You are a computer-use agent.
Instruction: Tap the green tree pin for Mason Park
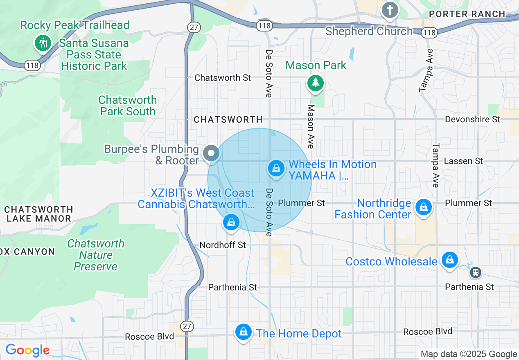coord(315,83)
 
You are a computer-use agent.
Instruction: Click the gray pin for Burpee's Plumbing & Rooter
coord(211,154)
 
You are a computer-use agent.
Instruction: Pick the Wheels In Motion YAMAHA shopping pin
coord(276,168)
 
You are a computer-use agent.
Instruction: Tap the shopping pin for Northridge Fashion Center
coord(424,207)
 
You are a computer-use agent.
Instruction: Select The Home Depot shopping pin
coord(244,332)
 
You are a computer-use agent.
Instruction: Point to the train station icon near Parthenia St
coord(475,272)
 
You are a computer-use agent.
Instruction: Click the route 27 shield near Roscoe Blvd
coord(187,326)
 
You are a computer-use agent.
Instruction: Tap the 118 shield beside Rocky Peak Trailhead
coord(32,65)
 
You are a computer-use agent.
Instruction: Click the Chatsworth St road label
coord(222,78)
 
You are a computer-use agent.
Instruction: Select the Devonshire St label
coord(472,119)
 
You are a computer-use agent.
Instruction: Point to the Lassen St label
coord(463,161)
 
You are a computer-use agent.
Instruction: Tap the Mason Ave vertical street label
coord(311,126)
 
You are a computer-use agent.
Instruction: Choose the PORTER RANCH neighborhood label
coord(467,14)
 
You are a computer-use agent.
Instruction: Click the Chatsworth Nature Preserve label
coord(96,255)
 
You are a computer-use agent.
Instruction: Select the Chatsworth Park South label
coord(128,106)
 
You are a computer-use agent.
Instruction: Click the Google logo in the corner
coord(27,350)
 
